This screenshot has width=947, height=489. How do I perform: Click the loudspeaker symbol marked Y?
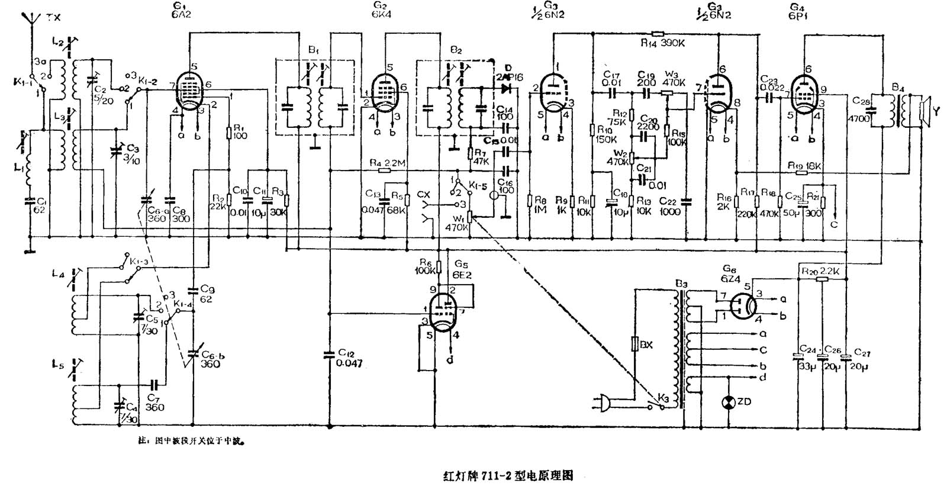tap(925, 111)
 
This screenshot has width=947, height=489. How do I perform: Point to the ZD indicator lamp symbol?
tap(728, 402)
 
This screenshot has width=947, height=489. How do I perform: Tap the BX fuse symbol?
tap(635, 344)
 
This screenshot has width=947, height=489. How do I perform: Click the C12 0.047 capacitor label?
tap(349, 358)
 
